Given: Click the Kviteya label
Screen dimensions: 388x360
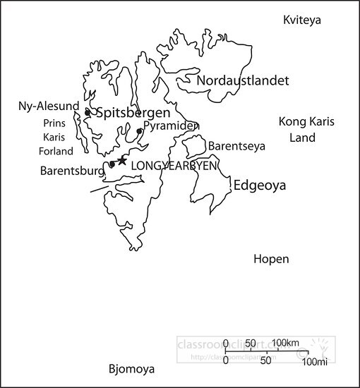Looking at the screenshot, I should coord(301,20).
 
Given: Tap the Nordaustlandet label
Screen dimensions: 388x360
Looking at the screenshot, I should coord(243,80).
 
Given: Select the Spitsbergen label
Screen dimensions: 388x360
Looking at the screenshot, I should coord(132,113).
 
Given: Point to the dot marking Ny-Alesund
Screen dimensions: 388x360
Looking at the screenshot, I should coord(87,112).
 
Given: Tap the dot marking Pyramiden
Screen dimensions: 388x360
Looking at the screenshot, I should coord(140,131).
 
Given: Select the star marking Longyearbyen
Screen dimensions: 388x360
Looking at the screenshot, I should coord(122,161).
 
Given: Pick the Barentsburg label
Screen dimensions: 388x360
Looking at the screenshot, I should coord(73,170).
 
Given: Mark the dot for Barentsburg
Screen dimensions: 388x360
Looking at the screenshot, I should coord(112,164).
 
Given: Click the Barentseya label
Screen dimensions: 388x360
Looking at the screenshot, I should coord(236,146).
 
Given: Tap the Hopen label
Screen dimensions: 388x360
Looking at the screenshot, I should coord(271,259).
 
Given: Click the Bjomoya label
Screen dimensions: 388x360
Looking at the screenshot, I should coord(131,369).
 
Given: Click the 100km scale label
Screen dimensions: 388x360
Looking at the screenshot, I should coord(285,344).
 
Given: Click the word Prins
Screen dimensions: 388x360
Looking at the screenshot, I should coord(54,123).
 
